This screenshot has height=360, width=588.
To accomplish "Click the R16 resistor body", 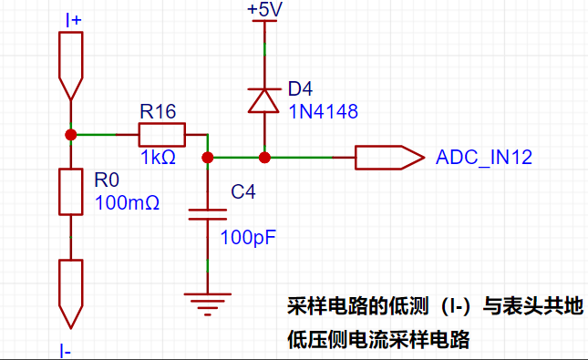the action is (x=162, y=134).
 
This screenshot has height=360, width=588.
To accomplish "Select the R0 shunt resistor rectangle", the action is (x=71, y=191).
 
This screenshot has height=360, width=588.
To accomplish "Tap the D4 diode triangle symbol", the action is (x=264, y=100).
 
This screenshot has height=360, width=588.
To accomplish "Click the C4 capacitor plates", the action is (x=207, y=214).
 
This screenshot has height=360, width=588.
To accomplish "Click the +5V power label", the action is (x=264, y=9).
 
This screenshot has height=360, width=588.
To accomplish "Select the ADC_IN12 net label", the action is (x=484, y=157).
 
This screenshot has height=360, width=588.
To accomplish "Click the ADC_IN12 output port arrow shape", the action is (x=389, y=158).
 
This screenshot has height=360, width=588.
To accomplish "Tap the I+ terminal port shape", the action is (x=71, y=66).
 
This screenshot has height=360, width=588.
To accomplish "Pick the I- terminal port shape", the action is (x=71, y=294).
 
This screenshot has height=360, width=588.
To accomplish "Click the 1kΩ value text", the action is (x=158, y=157).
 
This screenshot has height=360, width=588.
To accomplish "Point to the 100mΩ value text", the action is (x=127, y=203).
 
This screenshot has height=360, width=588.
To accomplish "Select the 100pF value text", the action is (x=248, y=237).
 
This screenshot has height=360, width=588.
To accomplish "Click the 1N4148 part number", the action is (x=324, y=111).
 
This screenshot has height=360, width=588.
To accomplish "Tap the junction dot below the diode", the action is (x=264, y=158).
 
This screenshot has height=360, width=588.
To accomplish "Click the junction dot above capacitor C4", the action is (x=207, y=158).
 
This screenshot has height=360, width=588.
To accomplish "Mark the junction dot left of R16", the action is (x=71, y=135).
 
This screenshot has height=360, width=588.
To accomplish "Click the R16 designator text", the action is (x=158, y=111).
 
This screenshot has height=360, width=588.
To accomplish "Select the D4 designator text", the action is (x=300, y=89).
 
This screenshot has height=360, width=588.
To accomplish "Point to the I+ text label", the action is (x=73, y=20).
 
